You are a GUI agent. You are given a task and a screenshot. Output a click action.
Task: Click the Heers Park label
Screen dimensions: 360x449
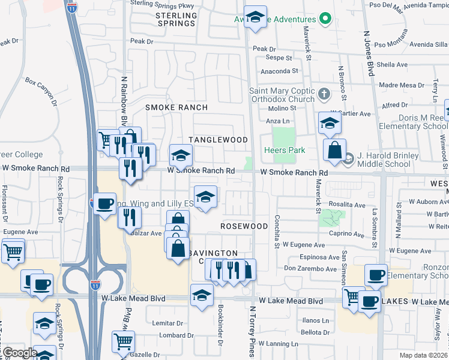click(x=285, y=150)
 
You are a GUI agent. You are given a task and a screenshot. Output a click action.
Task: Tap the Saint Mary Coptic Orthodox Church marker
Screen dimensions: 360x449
click(x=324, y=94)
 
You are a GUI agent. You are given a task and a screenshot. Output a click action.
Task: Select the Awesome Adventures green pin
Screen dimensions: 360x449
click(x=326, y=19)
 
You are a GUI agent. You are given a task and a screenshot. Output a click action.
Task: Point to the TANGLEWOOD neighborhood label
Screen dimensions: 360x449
click(x=218, y=140)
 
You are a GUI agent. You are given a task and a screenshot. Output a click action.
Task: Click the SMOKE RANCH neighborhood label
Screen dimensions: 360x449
click(x=176, y=107)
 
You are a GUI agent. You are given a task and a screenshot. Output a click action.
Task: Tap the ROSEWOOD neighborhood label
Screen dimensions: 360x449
click(x=244, y=226)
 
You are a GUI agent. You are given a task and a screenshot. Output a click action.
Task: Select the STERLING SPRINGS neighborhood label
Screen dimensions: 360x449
click(x=175, y=19)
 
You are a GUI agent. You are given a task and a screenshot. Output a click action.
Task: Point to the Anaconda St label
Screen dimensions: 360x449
click(x=279, y=71)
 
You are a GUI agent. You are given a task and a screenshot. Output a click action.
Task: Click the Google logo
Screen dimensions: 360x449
click(x=19, y=353)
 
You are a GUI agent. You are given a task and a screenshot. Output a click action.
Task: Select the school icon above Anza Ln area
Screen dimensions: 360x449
click(x=330, y=123)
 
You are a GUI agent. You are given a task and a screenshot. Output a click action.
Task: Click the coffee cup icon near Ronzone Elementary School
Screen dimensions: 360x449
click(x=376, y=275)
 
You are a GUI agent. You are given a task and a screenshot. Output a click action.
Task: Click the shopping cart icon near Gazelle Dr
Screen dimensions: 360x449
click(x=123, y=341)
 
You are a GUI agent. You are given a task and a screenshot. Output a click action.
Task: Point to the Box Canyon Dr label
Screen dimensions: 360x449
click(x=40, y=91)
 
